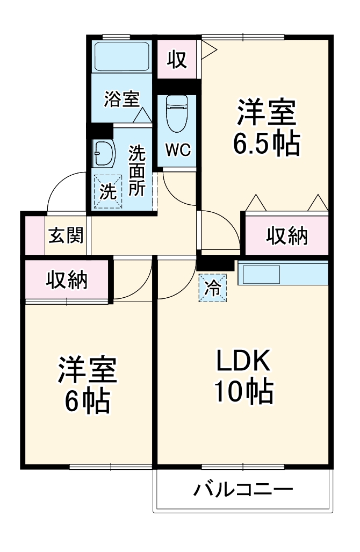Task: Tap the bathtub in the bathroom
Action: coord(121,56)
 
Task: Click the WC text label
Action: coord(177,150)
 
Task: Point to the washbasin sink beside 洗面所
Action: coord(103,154)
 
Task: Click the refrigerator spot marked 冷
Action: coord(213,288)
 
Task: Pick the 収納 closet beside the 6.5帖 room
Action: coord(287,235)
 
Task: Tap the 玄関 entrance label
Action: coord(66,235)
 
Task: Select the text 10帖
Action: coord(243,393)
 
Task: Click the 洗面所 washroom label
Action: coord(136,171)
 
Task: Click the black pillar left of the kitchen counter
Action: coord(217,263)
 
